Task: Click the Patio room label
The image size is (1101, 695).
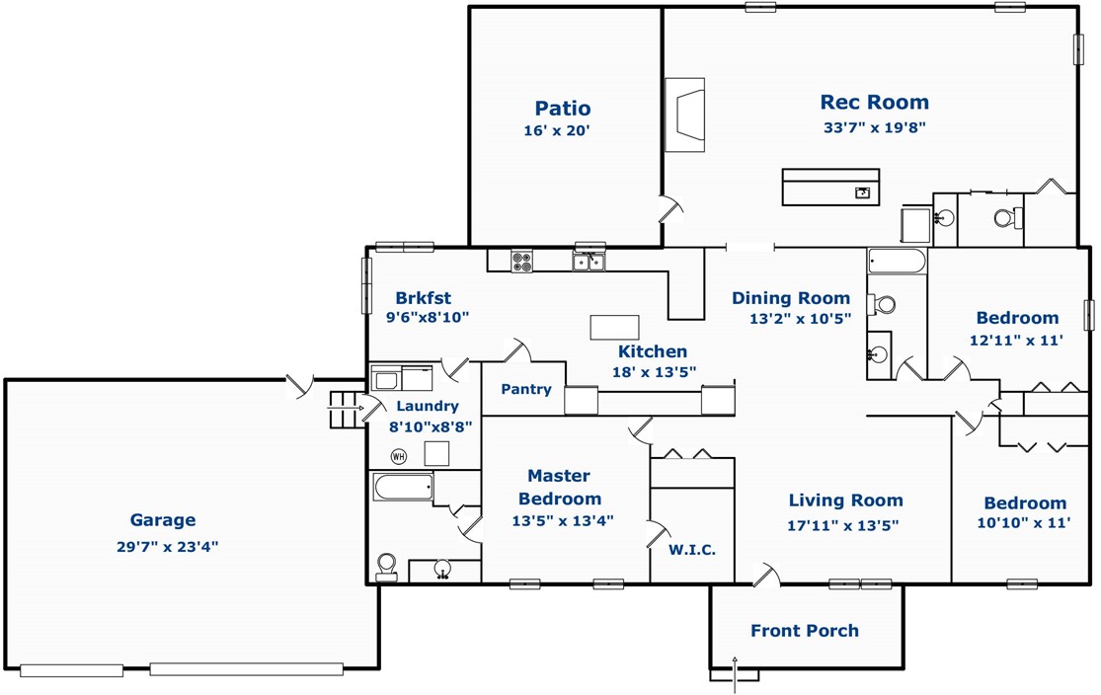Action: click(563, 109)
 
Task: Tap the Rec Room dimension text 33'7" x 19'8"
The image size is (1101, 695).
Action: click(875, 127)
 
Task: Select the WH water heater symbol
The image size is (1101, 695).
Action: click(398, 457)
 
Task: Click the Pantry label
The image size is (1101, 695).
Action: click(526, 389)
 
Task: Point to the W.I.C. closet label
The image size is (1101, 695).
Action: click(691, 550)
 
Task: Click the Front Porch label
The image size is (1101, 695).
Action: click(805, 631)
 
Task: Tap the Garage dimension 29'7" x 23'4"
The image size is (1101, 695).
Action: click(167, 546)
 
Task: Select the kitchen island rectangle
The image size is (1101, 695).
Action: click(614, 328)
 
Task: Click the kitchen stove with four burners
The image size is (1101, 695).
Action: click(521, 261)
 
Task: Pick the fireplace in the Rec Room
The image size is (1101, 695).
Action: click(684, 116)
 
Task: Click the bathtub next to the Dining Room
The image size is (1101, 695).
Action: click(897, 262)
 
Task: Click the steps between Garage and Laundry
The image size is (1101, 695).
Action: click(345, 410)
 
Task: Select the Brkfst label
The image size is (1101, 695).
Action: click(423, 298)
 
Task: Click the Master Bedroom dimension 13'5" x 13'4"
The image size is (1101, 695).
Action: click(563, 520)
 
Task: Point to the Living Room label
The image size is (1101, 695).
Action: click(845, 500)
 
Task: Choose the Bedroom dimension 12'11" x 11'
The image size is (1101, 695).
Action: click(1016, 341)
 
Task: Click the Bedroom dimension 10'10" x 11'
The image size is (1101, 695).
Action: click(1024, 522)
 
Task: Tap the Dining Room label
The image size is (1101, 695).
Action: click(791, 298)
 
